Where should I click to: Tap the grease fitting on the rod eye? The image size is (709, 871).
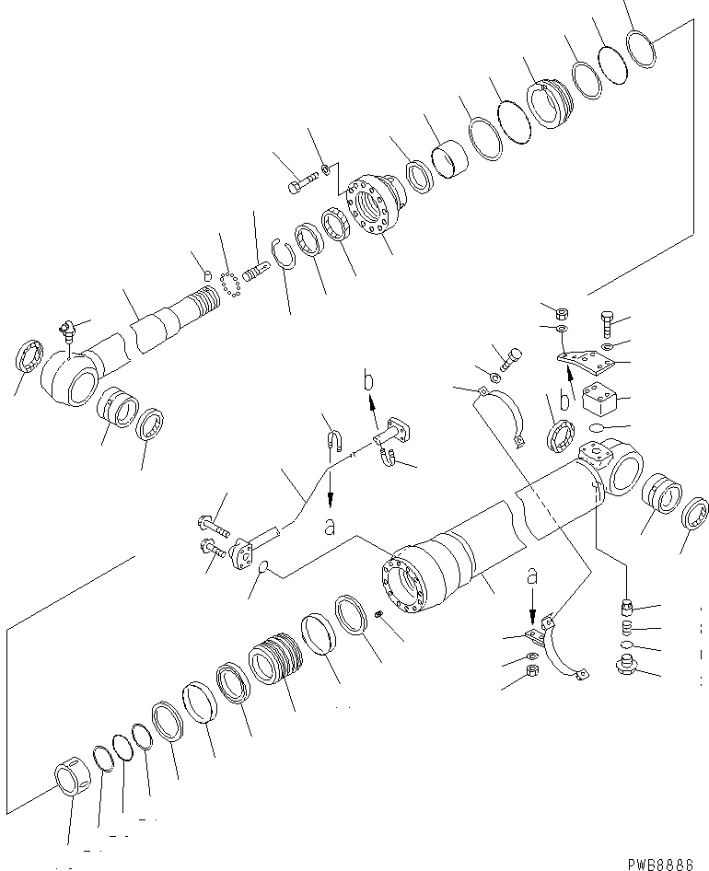pos(67,329)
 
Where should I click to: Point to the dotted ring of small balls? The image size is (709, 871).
pos(230,278)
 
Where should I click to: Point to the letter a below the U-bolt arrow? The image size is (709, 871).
pos(329,528)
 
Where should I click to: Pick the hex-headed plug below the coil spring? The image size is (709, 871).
pos(624,665)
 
